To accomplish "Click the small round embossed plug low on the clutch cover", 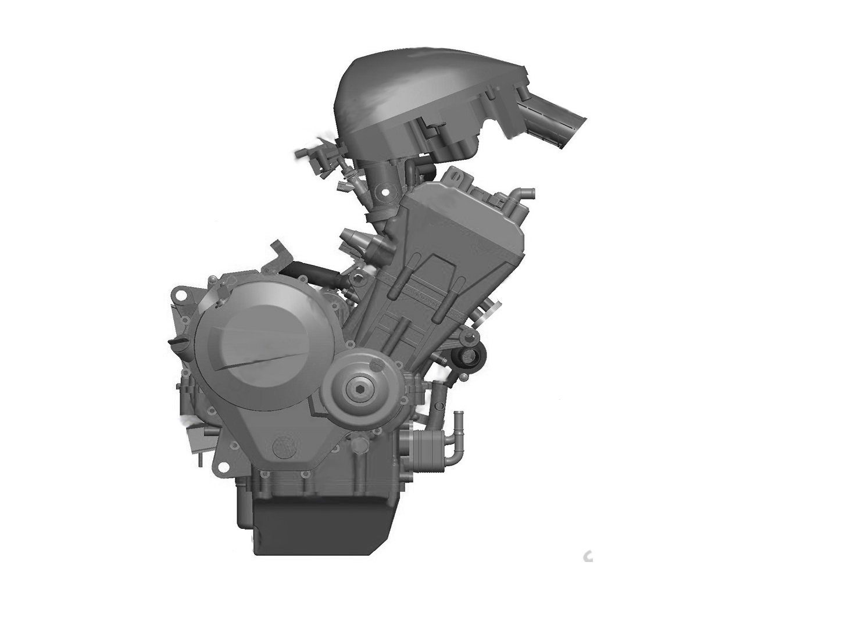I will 284,447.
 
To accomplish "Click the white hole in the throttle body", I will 384,190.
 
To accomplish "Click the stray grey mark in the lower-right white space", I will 588,556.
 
